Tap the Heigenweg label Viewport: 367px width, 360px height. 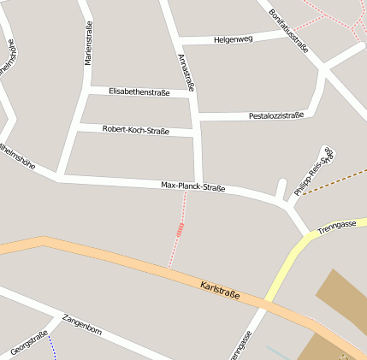pos(234,39)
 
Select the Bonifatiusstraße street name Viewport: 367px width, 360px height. pos(287,31)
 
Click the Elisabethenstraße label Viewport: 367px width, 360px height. pos(139,91)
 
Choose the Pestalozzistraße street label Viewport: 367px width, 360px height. pos(276,115)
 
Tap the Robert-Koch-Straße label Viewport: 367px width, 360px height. pos(135,130)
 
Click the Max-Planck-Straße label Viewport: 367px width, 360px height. pos(193,186)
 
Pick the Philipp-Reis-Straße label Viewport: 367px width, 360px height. pos(313,172)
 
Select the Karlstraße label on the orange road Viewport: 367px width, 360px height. pos(220,290)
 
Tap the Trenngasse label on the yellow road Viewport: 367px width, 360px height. pos(336,227)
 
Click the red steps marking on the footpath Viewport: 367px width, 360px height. pos(180,229)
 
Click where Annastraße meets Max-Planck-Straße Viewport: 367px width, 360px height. pos(198,185)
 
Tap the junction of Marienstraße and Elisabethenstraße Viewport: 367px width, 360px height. pos(86,88)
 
